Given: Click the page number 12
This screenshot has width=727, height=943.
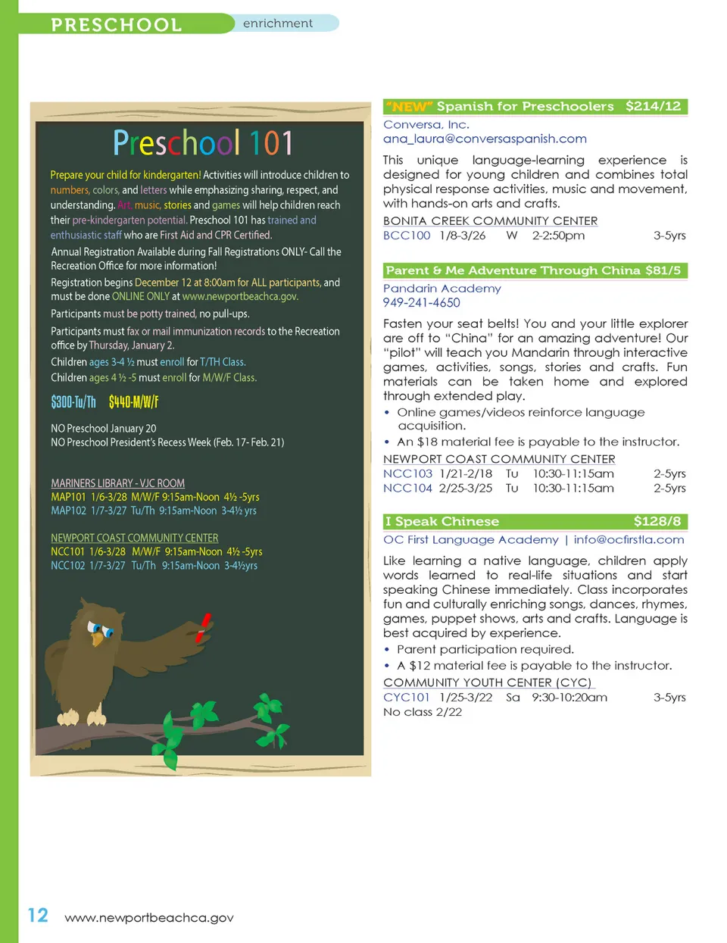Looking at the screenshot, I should (x=38, y=915).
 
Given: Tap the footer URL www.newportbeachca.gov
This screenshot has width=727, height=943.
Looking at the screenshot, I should (x=149, y=918).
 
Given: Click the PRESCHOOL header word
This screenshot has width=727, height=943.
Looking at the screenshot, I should (x=116, y=24).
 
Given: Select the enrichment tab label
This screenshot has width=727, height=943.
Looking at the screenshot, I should (x=277, y=23).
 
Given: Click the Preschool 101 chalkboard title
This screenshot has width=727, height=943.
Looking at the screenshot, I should (x=202, y=143).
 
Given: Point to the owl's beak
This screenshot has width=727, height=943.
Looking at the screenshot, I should (x=97, y=638).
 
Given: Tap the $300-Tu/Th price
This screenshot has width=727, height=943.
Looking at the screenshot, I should (x=73, y=402).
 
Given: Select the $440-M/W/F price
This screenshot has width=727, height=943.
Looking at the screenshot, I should (x=133, y=402).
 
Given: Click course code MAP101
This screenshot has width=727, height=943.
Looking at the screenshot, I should (x=68, y=497).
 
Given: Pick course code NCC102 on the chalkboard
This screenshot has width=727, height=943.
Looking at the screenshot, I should (x=68, y=565).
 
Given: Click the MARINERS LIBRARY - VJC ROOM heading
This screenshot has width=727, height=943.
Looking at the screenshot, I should (x=117, y=483).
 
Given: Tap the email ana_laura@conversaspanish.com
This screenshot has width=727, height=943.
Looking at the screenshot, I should (x=485, y=139).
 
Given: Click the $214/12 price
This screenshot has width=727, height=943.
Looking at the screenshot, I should (x=653, y=106).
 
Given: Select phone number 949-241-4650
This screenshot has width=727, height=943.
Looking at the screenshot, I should (x=421, y=302).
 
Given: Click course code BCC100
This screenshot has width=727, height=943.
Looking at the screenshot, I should (x=407, y=236).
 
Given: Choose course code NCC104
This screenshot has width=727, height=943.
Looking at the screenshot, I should (x=407, y=488).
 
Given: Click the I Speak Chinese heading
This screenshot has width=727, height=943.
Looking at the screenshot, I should (x=442, y=521).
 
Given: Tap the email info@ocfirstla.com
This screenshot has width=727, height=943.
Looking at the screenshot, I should (x=629, y=539).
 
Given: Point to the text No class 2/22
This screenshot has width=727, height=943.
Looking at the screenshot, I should (x=423, y=712).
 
